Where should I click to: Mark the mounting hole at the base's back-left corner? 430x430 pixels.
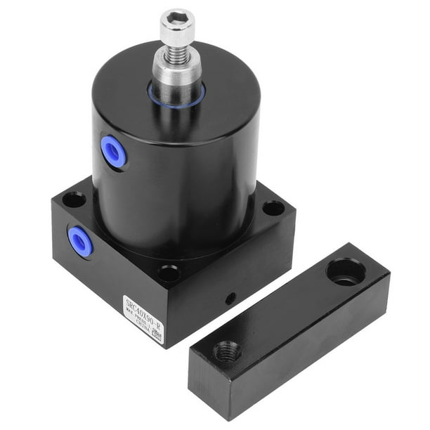click(73, 200)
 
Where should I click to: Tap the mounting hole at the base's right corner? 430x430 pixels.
click(273, 208)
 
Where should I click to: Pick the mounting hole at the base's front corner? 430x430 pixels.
click(169, 273)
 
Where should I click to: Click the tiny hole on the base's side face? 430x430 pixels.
click(230, 298)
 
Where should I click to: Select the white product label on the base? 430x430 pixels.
click(143, 320)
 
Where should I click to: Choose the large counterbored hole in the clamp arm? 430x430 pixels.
click(346, 271)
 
